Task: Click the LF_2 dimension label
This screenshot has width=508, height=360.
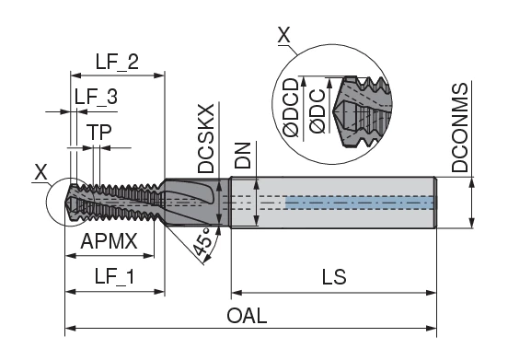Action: pos(116,63)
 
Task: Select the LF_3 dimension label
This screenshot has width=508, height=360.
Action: pos(96,96)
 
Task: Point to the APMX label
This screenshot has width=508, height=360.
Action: pos(110,241)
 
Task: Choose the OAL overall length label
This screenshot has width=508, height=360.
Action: pos(248,316)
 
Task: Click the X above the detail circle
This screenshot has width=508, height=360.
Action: pos(283,37)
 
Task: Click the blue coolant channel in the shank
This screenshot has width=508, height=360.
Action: pos(359,201)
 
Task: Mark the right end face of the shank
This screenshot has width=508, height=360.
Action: pos(434,200)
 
